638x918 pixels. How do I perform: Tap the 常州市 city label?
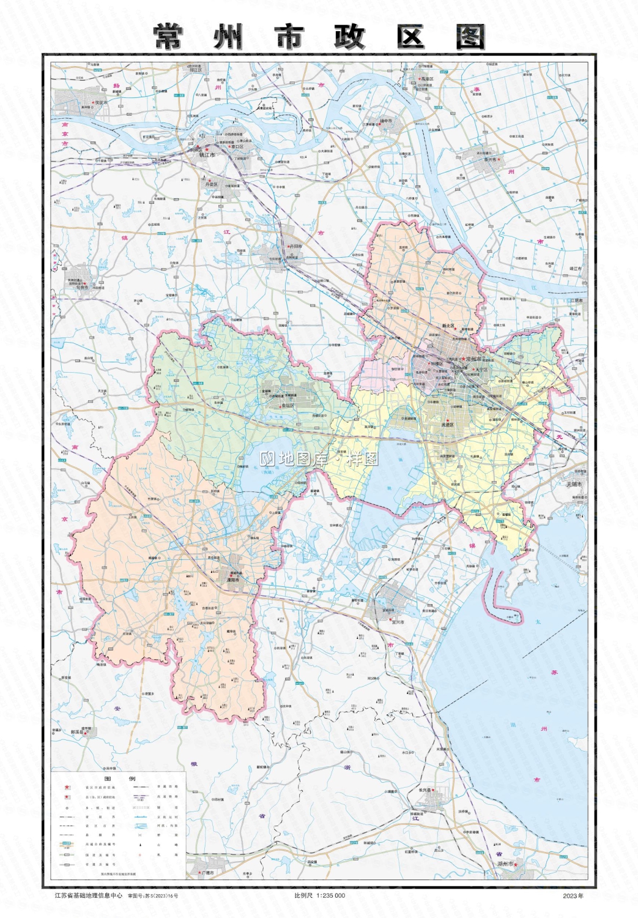tap(474, 359)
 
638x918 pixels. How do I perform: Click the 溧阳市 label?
tap(231, 579)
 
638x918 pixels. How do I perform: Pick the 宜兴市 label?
tap(398, 622)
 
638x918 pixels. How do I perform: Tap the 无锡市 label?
tap(574, 484)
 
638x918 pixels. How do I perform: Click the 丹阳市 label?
tap(295, 246)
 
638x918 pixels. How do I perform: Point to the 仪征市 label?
tap(101, 103)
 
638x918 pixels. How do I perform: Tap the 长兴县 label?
tap(425, 789)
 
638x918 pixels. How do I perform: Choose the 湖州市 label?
tap(505, 864)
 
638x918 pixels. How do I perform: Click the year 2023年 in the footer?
tap(573, 895)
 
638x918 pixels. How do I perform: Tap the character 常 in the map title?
tap(168, 37)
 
